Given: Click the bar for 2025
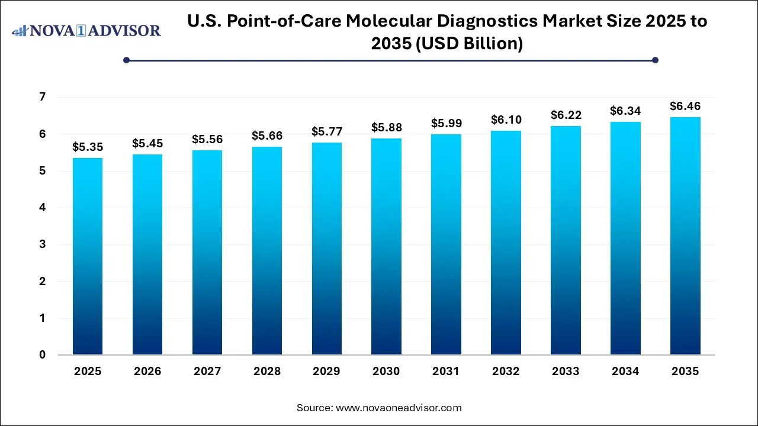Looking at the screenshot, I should click(x=88, y=256).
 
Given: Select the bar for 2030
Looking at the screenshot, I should click(x=386, y=247).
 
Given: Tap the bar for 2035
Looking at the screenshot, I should click(x=685, y=236).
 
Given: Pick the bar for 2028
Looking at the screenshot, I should click(x=266, y=251).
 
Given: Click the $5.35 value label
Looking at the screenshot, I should click(x=88, y=147).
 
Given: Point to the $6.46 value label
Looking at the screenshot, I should click(x=685, y=106).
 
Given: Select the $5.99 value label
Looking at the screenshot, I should click(x=446, y=124).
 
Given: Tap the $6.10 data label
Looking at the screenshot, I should click(x=506, y=120).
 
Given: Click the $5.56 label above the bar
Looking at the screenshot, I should click(x=207, y=140).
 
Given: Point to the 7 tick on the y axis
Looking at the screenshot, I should click(x=43, y=97).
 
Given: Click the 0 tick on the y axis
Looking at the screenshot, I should click(x=43, y=355).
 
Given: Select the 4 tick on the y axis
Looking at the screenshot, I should click(x=43, y=208).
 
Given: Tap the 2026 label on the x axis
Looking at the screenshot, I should click(x=147, y=372).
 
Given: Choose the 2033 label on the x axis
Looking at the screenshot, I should click(x=566, y=372).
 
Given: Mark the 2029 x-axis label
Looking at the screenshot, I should click(x=326, y=372).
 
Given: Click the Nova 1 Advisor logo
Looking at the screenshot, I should click(x=86, y=30).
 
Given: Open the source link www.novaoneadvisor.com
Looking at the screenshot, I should click(x=398, y=408).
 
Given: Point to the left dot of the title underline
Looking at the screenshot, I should click(x=126, y=60).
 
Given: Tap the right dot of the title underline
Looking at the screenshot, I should click(x=655, y=60).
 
